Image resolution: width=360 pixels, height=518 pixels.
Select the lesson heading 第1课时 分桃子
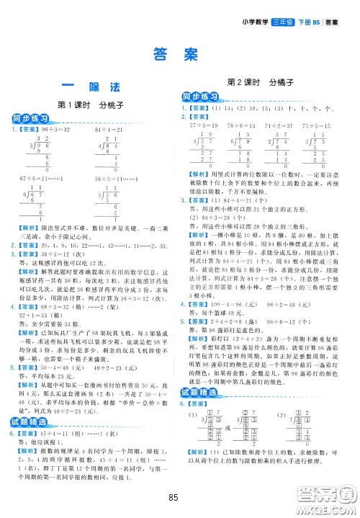click(90, 104)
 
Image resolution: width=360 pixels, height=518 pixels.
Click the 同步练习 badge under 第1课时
click(30, 119)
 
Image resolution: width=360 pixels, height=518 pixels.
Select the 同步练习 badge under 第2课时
click(201, 97)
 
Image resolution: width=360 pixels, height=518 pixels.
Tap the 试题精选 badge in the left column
click(30, 401)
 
